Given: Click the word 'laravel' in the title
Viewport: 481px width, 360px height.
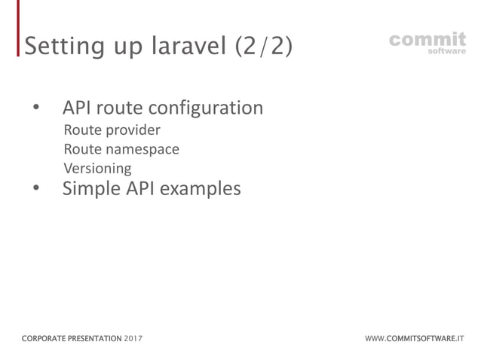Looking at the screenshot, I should point(185,46).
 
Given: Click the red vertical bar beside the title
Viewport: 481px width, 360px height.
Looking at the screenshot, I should point(19,30).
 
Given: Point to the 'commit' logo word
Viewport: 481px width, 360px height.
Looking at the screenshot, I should point(427,38).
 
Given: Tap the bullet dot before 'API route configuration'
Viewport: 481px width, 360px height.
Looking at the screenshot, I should point(35,108).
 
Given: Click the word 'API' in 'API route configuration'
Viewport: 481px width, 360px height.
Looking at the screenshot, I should point(78,108).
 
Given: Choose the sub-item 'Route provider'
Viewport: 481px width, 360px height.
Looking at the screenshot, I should point(112,130).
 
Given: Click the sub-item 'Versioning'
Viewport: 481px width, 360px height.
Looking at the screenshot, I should point(97,168).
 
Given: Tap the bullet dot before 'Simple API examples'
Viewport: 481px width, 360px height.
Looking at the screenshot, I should point(35,189).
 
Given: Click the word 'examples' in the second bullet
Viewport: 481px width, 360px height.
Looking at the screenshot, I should point(199,189).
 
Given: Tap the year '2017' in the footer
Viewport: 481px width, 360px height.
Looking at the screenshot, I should point(133,339).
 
